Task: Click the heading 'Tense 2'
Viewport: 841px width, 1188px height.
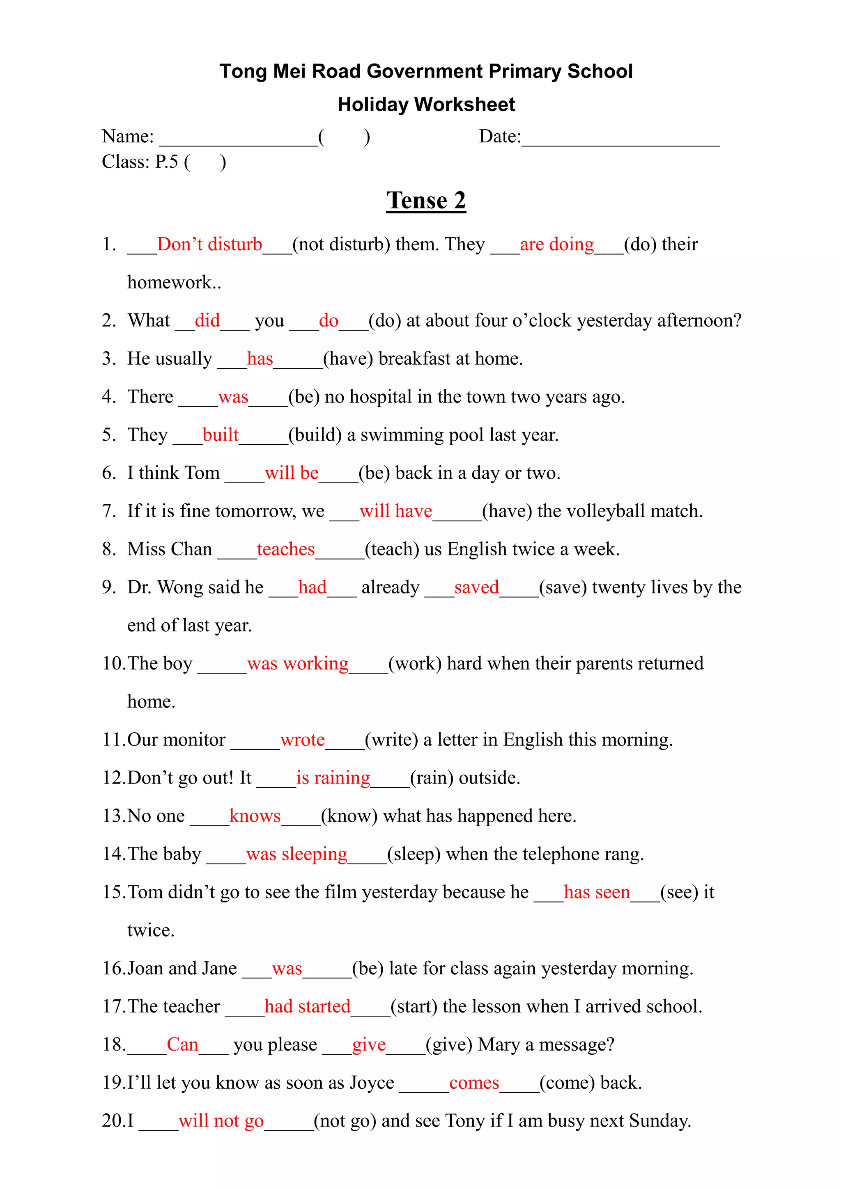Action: coord(426,200)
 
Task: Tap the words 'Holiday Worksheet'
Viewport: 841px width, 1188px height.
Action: coord(426,105)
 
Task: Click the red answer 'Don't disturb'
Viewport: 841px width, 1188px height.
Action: coord(210,244)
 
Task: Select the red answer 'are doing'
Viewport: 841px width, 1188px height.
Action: coord(557,244)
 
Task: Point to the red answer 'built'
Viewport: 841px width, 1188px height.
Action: coord(221,435)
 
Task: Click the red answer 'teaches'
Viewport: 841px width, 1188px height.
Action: coord(286,549)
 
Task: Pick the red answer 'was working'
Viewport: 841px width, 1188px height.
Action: coord(298,663)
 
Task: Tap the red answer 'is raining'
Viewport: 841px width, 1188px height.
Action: coord(333,778)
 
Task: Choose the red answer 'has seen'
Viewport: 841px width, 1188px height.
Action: coord(597,892)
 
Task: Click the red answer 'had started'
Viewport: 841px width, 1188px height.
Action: coord(308,1006)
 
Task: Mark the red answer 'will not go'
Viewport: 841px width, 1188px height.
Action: coord(221,1121)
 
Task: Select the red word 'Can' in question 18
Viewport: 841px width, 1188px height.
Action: coord(182,1045)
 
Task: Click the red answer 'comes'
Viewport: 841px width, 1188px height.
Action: coord(474,1083)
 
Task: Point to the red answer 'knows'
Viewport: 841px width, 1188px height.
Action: coord(255,816)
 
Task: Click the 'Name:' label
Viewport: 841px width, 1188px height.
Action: coord(128,137)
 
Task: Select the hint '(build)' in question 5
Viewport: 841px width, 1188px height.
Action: coord(315,435)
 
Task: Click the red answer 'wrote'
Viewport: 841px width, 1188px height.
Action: coord(302,740)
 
